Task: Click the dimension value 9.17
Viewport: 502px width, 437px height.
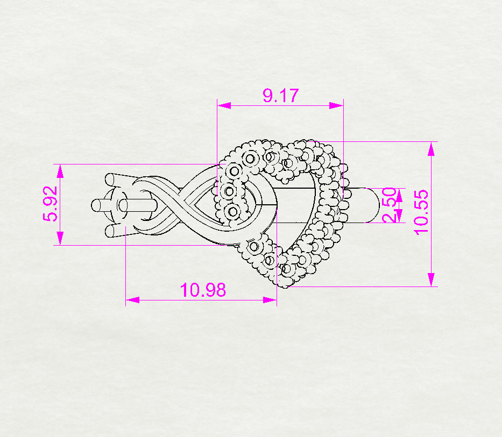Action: coord(280,96)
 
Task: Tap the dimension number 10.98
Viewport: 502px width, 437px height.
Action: coord(203,290)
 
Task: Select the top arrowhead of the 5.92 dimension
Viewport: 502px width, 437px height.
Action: coord(60,171)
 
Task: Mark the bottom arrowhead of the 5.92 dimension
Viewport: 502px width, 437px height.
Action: coord(60,238)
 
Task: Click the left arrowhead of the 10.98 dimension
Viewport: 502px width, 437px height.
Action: coord(132,299)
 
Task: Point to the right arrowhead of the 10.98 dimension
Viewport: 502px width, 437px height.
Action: coord(270,299)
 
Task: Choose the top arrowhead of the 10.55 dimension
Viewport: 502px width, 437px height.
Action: coord(431,149)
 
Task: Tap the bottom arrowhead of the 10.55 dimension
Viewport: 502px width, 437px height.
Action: coord(431,280)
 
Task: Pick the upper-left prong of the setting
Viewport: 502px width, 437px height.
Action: coord(111,179)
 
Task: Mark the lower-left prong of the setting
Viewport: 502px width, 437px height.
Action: coord(111,232)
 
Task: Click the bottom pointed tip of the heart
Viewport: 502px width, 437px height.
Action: coord(282,283)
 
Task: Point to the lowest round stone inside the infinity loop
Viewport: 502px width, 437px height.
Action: coord(232,211)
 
